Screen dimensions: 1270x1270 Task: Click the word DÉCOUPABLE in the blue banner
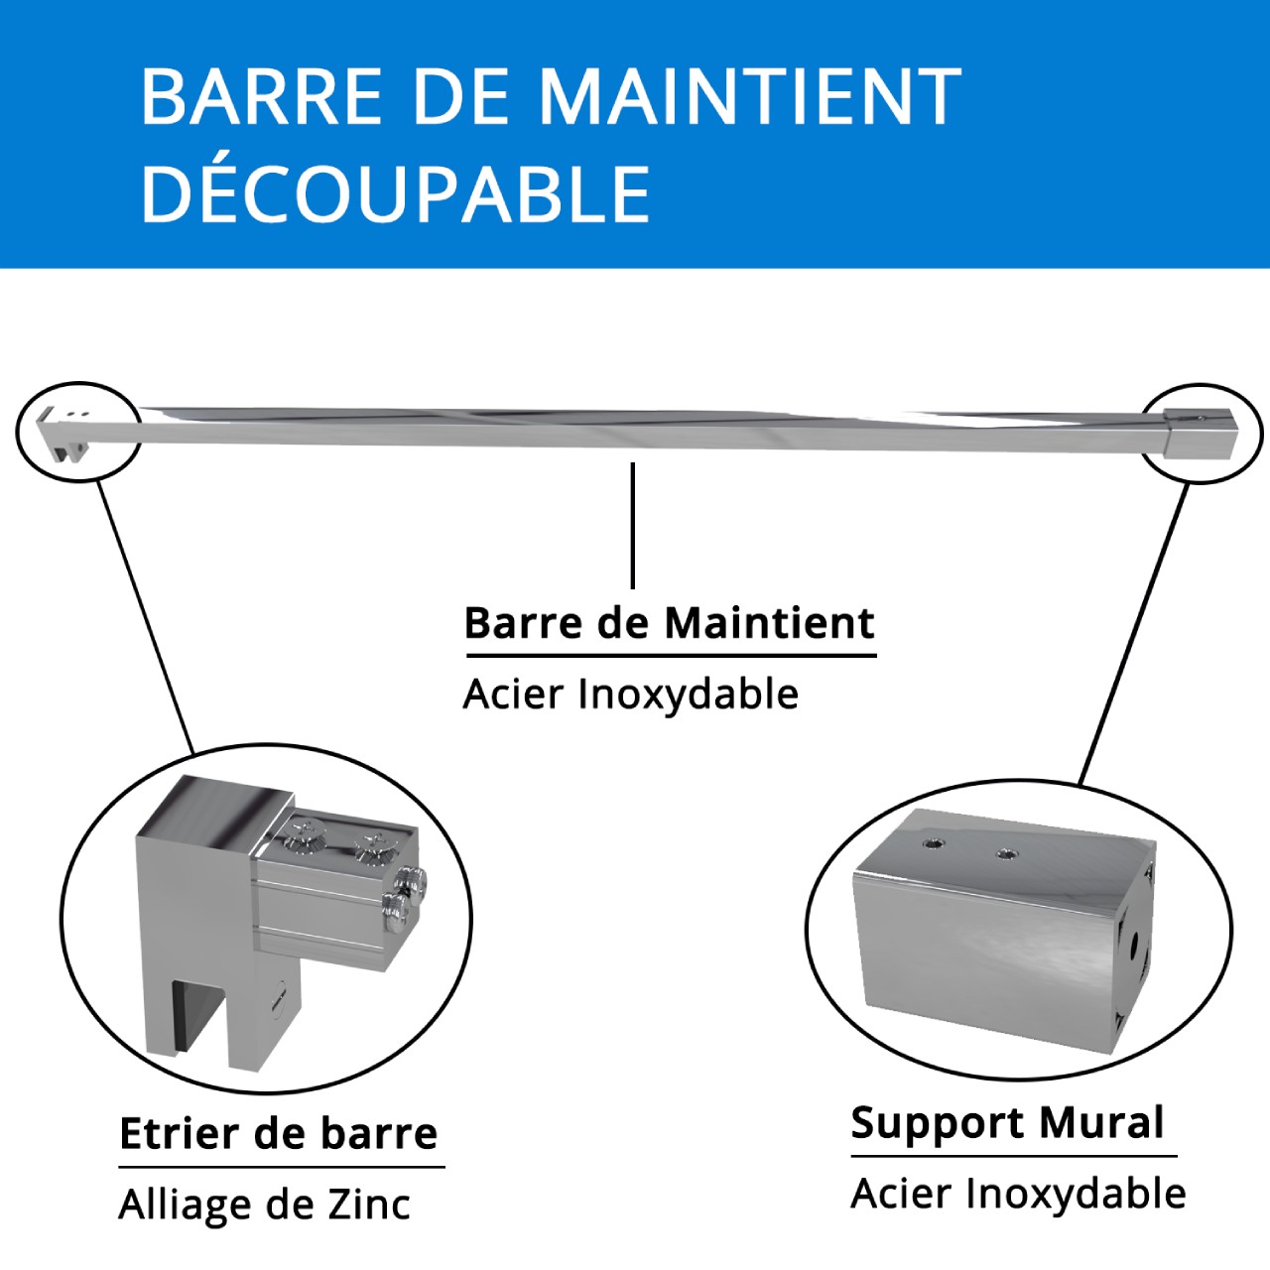pos(396,193)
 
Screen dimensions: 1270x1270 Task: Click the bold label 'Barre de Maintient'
pos(670,623)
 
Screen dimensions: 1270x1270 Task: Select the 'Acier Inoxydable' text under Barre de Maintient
pos(631,695)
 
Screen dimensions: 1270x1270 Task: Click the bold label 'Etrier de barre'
pos(279,1133)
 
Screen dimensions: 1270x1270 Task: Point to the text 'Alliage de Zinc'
pos(264,1205)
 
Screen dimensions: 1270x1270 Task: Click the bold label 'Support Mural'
pos(1007,1122)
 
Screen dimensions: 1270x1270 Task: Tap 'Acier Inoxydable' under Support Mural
pos(1018,1194)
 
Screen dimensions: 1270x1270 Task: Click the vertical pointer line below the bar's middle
pos(633,525)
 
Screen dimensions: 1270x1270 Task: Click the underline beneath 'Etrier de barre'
pos(282,1167)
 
